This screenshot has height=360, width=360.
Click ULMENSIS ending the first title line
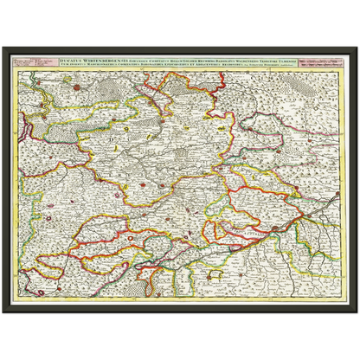[298, 58]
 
